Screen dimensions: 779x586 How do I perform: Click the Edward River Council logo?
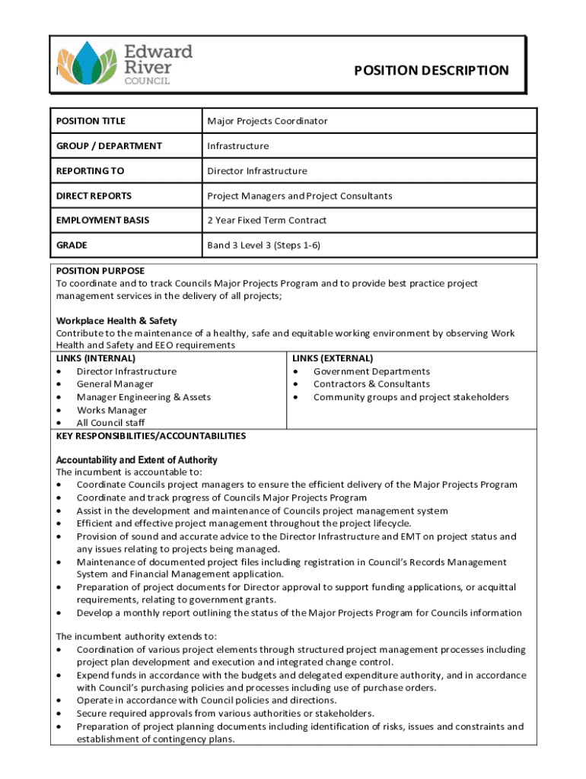point(125,64)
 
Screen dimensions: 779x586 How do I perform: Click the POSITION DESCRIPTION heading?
point(431,71)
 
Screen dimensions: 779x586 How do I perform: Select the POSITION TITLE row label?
point(91,121)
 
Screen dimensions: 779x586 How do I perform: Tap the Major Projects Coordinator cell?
point(267,121)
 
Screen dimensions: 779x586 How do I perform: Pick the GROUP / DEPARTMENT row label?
point(108,145)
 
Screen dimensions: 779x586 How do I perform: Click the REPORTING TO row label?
point(90,170)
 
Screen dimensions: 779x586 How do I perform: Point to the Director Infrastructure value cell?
point(257,170)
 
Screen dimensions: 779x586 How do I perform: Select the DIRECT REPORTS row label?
point(94,196)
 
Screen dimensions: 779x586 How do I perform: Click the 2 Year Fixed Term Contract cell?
point(267,220)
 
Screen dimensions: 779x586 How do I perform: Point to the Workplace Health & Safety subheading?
point(116,320)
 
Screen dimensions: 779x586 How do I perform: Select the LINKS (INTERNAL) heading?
point(96,358)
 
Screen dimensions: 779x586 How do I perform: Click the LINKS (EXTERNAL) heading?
point(333,358)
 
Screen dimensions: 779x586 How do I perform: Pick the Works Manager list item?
point(112,410)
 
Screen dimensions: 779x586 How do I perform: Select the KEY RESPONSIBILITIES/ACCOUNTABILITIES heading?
point(151,436)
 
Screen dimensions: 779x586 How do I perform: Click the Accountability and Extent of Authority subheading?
point(137,460)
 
